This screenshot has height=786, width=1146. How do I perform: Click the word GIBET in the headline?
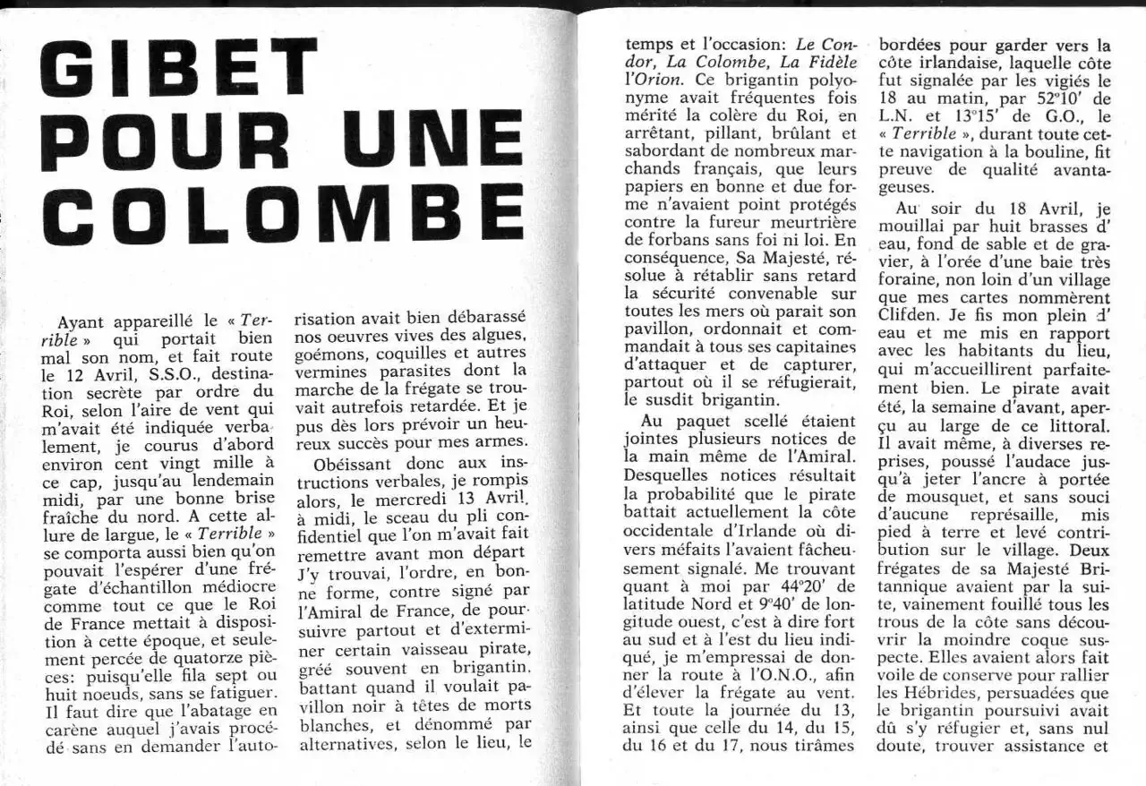click(x=179, y=71)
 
